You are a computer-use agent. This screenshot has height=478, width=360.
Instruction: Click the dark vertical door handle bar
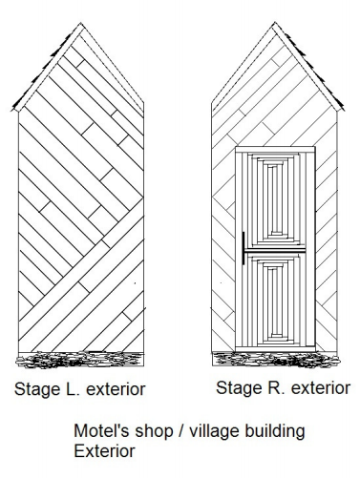(x=244, y=249)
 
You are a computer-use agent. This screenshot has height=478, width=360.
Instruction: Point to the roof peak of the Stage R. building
(x=277, y=26)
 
